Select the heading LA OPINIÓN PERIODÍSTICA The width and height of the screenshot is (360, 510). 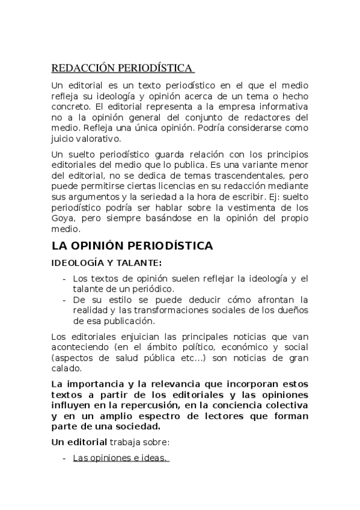[132, 246]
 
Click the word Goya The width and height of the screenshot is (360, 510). [63, 220]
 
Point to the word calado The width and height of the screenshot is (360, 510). [66, 367]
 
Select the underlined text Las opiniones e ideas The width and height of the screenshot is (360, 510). [120, 458]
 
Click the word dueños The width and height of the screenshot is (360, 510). [292, 310]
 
